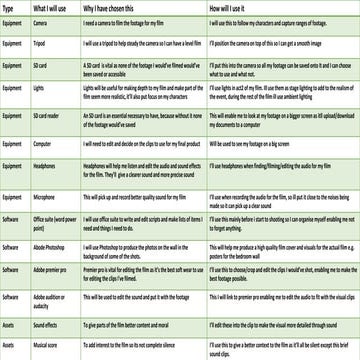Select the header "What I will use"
(52, 8)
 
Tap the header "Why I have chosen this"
(115, 8)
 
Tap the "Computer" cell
(46, 142)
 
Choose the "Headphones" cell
(48, 168)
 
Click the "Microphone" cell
(48, 198)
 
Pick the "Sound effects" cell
(49, 325)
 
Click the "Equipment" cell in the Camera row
(13, 22)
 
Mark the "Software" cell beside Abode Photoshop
(12, 245)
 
